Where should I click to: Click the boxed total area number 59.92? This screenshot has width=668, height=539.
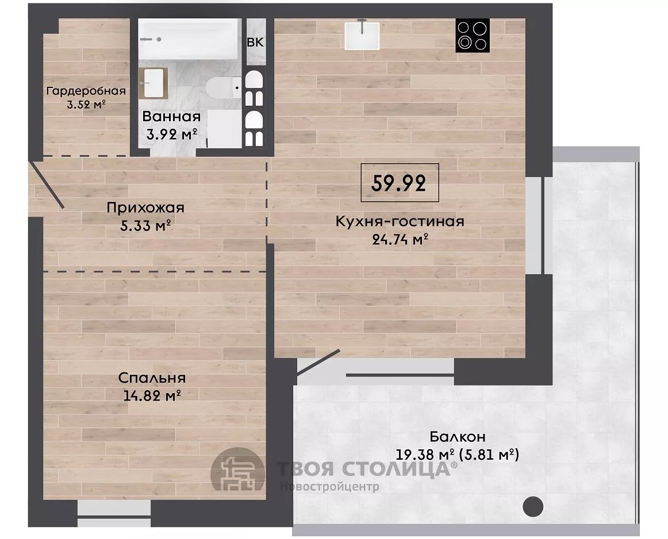(x=399, y=183)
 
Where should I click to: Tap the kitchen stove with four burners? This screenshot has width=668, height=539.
(x=473, y=35)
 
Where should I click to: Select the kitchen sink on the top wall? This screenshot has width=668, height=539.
(x=362, y=35)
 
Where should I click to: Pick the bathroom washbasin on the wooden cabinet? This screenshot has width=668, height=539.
(x=153, y=83)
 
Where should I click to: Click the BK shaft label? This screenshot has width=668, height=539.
(x=256, y=42)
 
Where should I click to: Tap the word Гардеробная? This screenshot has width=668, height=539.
(x=86, y=91)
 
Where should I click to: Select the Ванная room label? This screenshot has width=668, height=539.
(x=171, y=116)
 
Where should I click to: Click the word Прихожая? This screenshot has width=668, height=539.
(x=145, y=208)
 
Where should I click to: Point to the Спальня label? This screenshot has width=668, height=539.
(x=152, y=378)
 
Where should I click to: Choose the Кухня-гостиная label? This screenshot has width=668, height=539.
(x=400, y=221)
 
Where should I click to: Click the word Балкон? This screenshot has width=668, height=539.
(x=458, y=437)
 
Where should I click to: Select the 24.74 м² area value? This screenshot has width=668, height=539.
(x=400, y=240)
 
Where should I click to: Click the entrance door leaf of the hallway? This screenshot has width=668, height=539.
(x=47, y=185)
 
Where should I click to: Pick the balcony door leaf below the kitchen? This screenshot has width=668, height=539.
(x=318, y=363)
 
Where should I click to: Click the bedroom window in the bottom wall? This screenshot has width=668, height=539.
(x=114, y=514)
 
